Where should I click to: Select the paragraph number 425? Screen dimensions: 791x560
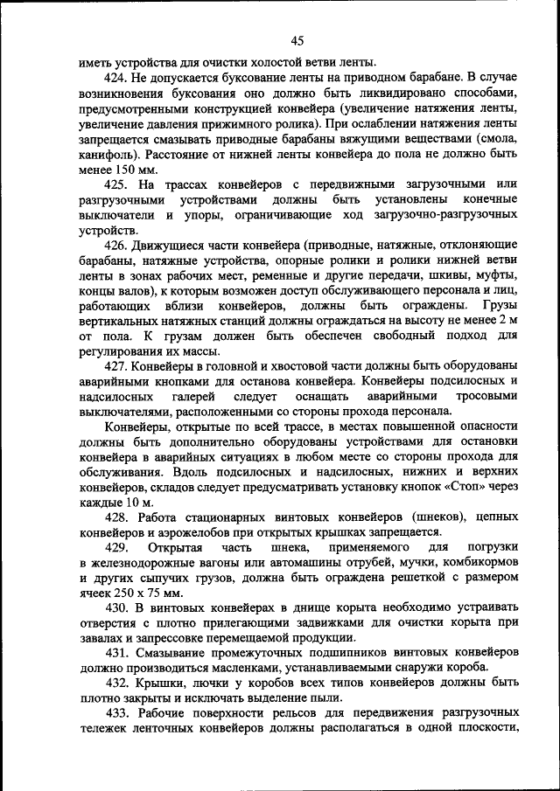(x=117, y=184)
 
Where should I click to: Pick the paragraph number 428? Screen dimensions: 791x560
(x=117, y=517)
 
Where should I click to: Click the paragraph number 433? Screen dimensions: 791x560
(x=117, y=712)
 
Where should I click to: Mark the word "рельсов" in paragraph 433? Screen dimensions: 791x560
(x=295, y=712)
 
